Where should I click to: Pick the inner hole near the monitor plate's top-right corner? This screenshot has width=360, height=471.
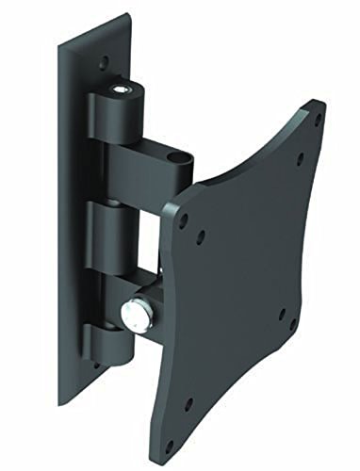point(299,156)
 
